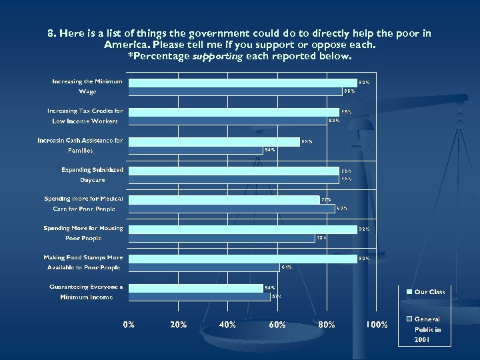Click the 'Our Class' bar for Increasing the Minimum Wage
[243, 83]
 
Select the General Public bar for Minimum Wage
[235, 91]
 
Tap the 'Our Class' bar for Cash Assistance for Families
[214, 141]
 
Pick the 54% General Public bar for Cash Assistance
[196, 149]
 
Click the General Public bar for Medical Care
[231, 208]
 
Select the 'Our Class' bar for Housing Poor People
[243, 229]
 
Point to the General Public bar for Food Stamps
[204, 267]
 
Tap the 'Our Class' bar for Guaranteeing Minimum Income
[196, 288]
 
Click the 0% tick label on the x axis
[128, 325]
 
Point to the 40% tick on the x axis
[227, 325]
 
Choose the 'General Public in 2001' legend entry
[427, 329]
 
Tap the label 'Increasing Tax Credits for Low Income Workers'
[85, 116]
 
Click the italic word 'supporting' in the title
[217, 56]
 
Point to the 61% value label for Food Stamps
[287, 267]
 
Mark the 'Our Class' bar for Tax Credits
[234, 112]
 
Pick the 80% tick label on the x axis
[327, 325]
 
